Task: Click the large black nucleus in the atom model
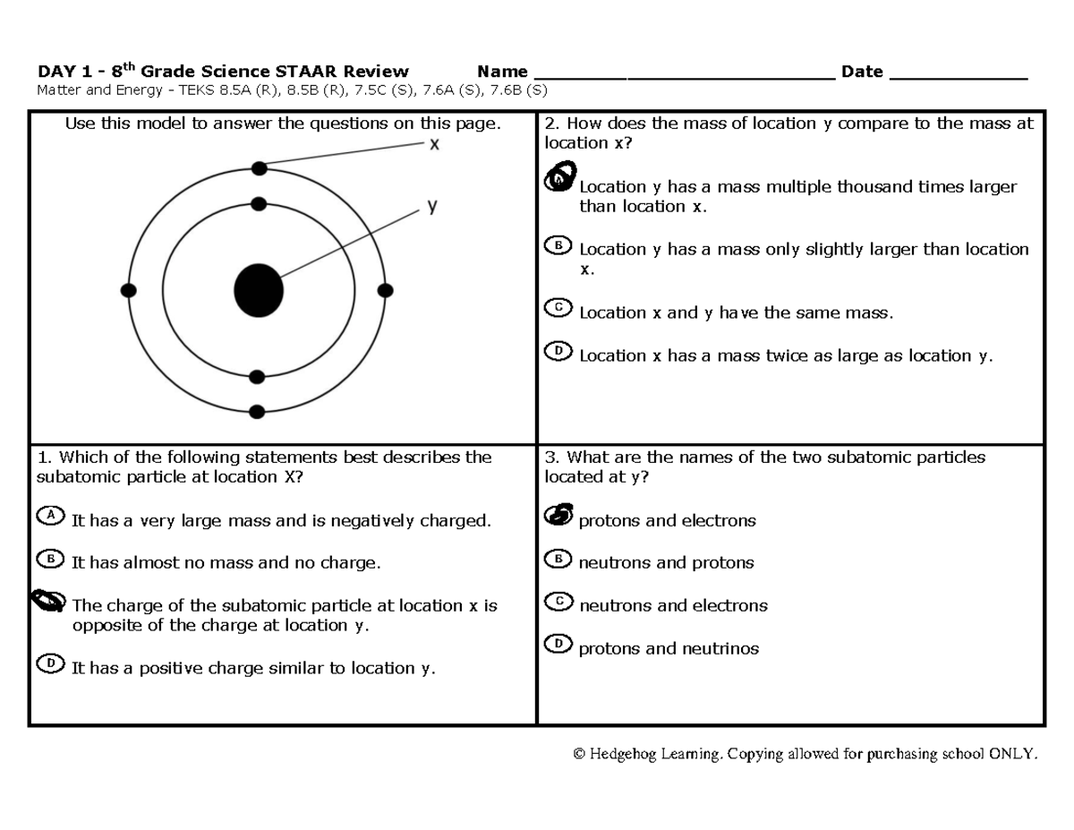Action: click(259, 291)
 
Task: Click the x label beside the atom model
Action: click(434, 144)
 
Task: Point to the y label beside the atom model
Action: click(432, 207)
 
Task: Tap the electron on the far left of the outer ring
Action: click(129, 290)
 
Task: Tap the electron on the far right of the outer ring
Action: click(385, 290)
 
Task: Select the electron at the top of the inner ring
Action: click(259, 204)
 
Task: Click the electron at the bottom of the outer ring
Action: click(257, 412)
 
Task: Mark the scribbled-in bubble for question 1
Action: click(48, 601)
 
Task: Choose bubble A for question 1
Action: click(51, 516)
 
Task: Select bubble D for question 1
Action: click(51, 663)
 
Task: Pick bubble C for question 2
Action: click(558, 308)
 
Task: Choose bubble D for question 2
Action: click(558, 351)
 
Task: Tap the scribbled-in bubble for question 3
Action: click(558, 515)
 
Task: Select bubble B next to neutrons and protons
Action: click(558, 559)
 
